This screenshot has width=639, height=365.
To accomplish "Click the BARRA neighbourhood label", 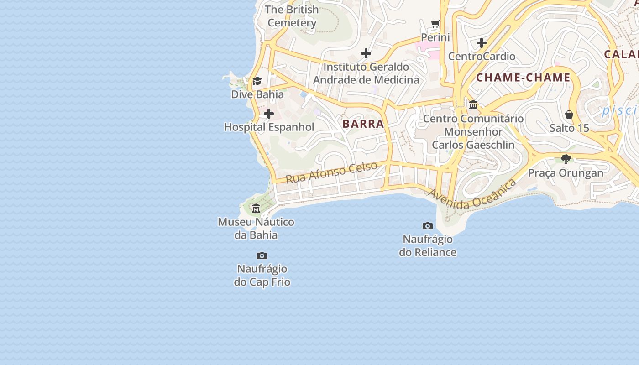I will pos(363,124).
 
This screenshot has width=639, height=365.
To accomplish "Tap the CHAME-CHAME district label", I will pos(523,78).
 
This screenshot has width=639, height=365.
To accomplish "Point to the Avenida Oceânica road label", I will pos(472,194).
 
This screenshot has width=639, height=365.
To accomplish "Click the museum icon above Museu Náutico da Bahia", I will pos(256,209).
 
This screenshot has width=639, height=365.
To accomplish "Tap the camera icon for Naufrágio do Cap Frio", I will pos(262,255).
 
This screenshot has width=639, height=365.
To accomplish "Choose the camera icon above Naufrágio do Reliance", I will pos(428,226).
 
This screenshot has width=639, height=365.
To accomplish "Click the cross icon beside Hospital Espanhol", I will pos(269,114).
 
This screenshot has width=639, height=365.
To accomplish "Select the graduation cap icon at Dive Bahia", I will pos(257,81).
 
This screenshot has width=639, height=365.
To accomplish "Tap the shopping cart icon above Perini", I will pos(435,24).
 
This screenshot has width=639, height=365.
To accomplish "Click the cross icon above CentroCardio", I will pos(482,43).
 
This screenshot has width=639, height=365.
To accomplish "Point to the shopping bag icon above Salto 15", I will pos(569,115).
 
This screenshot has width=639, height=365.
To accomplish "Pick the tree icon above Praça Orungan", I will pos(566,159).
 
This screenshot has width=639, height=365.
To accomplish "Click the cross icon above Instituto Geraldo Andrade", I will pos(366,53).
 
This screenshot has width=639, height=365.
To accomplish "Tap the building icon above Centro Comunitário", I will pos(473,105).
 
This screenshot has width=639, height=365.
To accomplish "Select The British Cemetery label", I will pos(292,16).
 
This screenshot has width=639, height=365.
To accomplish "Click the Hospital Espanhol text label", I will pos(269,127).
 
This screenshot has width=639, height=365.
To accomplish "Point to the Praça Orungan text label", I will pos(566,173).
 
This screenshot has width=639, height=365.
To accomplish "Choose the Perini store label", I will pos(435,37).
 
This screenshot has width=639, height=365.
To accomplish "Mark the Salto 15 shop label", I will pos(569,128).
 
